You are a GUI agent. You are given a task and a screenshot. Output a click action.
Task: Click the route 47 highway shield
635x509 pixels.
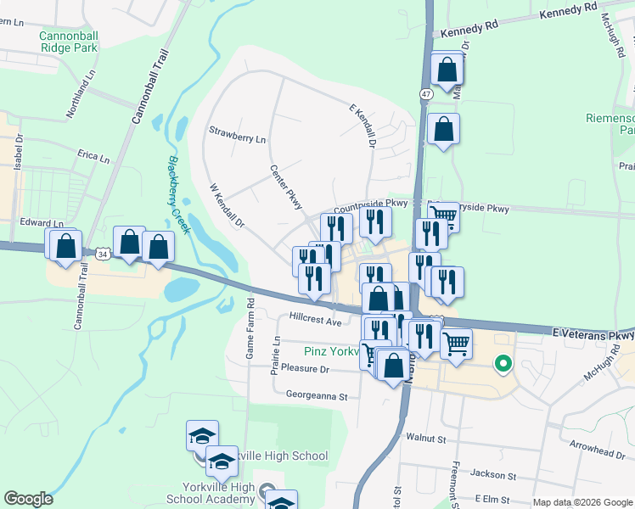[424, 94]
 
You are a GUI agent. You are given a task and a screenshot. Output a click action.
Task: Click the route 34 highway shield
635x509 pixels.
[103, 254]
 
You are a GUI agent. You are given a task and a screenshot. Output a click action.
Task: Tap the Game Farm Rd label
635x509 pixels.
[250, 328]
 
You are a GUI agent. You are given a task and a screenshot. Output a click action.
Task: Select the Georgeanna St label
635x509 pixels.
[317, 395]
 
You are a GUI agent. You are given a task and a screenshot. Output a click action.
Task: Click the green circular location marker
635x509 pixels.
[503, 366]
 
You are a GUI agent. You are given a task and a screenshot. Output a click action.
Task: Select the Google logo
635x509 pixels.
[28, 499]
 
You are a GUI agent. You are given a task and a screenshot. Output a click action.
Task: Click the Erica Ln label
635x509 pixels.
[93, 158]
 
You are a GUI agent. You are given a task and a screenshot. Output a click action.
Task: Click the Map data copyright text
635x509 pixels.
[582, 502]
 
